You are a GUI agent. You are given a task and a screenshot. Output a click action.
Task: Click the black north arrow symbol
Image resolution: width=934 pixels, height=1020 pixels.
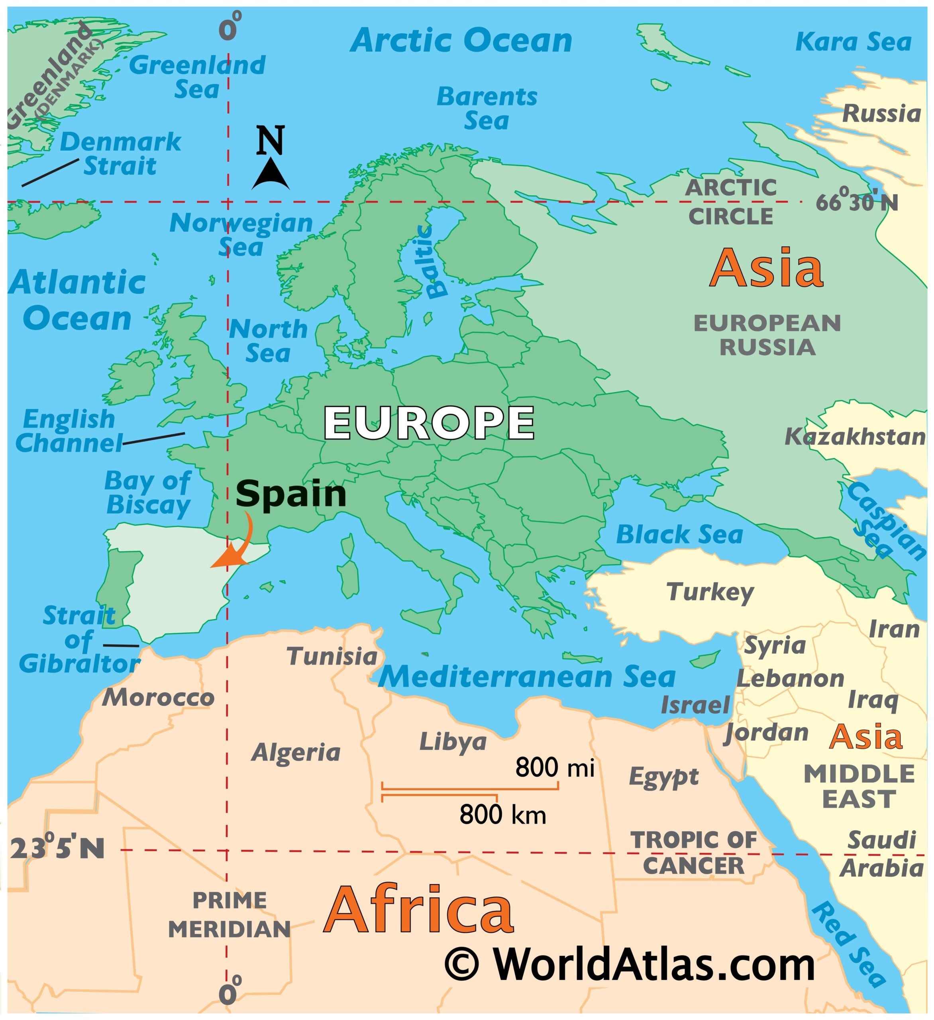pyautogui.click(x=271, y=174)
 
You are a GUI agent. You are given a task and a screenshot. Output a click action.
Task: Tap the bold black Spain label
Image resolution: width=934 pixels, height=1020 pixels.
pyautogui.click(x=291, y=494)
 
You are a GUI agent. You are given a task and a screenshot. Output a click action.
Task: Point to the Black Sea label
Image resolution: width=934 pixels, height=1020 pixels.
pyautogui.click(x=679, y=535)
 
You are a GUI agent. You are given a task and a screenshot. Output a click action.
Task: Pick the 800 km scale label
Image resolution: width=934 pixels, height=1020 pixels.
pyautogui.click(x=502, y=814)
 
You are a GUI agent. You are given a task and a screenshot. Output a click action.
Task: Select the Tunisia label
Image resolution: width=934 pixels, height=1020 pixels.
pyautogui.click(x=332, y=657)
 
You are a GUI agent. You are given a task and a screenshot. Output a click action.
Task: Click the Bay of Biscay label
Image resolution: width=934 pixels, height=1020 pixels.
pyautogui.click(x=148, y=493)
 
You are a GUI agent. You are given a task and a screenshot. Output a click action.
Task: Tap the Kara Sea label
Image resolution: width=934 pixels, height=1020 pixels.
pyautogui.click(x=853, y=41)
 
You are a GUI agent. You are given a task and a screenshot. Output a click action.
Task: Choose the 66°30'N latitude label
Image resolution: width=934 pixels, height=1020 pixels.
pyautogui.click(x=857, y=202)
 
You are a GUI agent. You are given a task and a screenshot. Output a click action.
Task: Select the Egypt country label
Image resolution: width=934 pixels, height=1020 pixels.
pyautogui.click(x=663, y=777)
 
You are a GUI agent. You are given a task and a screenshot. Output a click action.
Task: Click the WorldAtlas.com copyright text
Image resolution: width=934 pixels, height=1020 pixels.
pyautogui.click(x=630, y=965)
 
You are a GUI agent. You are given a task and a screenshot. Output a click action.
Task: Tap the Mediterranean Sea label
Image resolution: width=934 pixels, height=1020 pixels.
pyautogui.click(x=527, y=677)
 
